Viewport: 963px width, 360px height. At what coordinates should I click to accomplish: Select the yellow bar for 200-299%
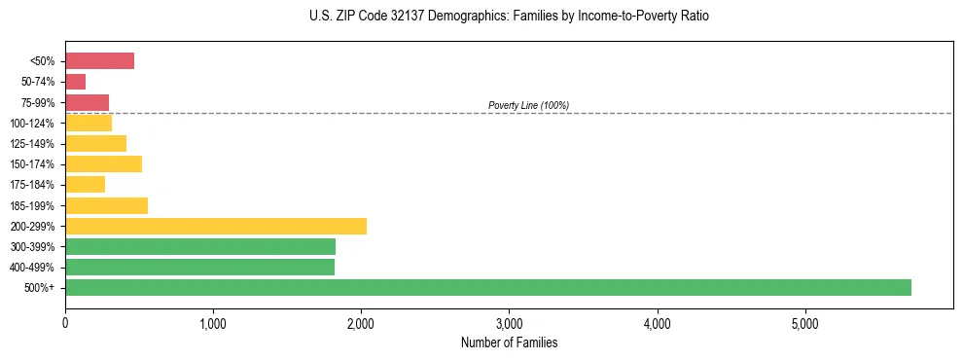[x=216, y=226]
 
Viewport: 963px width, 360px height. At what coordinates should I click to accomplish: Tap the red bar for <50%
[x=99, y=61]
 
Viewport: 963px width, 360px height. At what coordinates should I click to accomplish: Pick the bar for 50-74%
[x=75, y=82]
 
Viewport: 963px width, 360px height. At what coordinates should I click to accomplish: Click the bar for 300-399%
[x=200, y=246]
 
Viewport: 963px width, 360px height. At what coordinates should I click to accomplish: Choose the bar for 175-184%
[x=85, y=185]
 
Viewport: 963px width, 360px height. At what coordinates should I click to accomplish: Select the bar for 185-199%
[x=106, y=205]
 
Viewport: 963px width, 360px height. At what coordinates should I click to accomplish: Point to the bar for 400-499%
[x=199, y=267]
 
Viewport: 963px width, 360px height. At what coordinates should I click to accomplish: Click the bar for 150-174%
[x=103, y=163]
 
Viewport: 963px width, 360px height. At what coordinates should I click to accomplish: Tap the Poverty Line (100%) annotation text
[x=528, y=105]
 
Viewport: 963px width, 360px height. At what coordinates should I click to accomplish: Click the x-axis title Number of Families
[x=509, y=342]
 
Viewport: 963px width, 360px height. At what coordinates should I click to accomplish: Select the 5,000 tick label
[x=805, y=322]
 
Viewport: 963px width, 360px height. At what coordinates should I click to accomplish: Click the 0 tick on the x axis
[x=65, y=322]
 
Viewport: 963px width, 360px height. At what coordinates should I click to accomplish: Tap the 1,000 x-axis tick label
[x=213, y=322]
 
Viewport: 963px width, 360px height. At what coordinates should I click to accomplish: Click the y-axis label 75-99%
[x=39, y=102]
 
